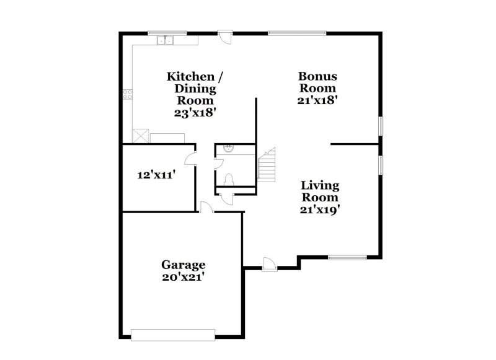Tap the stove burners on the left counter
(x=128, y=94)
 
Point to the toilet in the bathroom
(x=229, y=180)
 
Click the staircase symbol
(x=267, y=165)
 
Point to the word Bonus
(x=318, y=76)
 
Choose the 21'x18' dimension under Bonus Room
(x=318, y=100)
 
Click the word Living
(x=320, y=185)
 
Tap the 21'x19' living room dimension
(x=320, y=209)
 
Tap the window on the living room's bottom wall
(x=347, y=257)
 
